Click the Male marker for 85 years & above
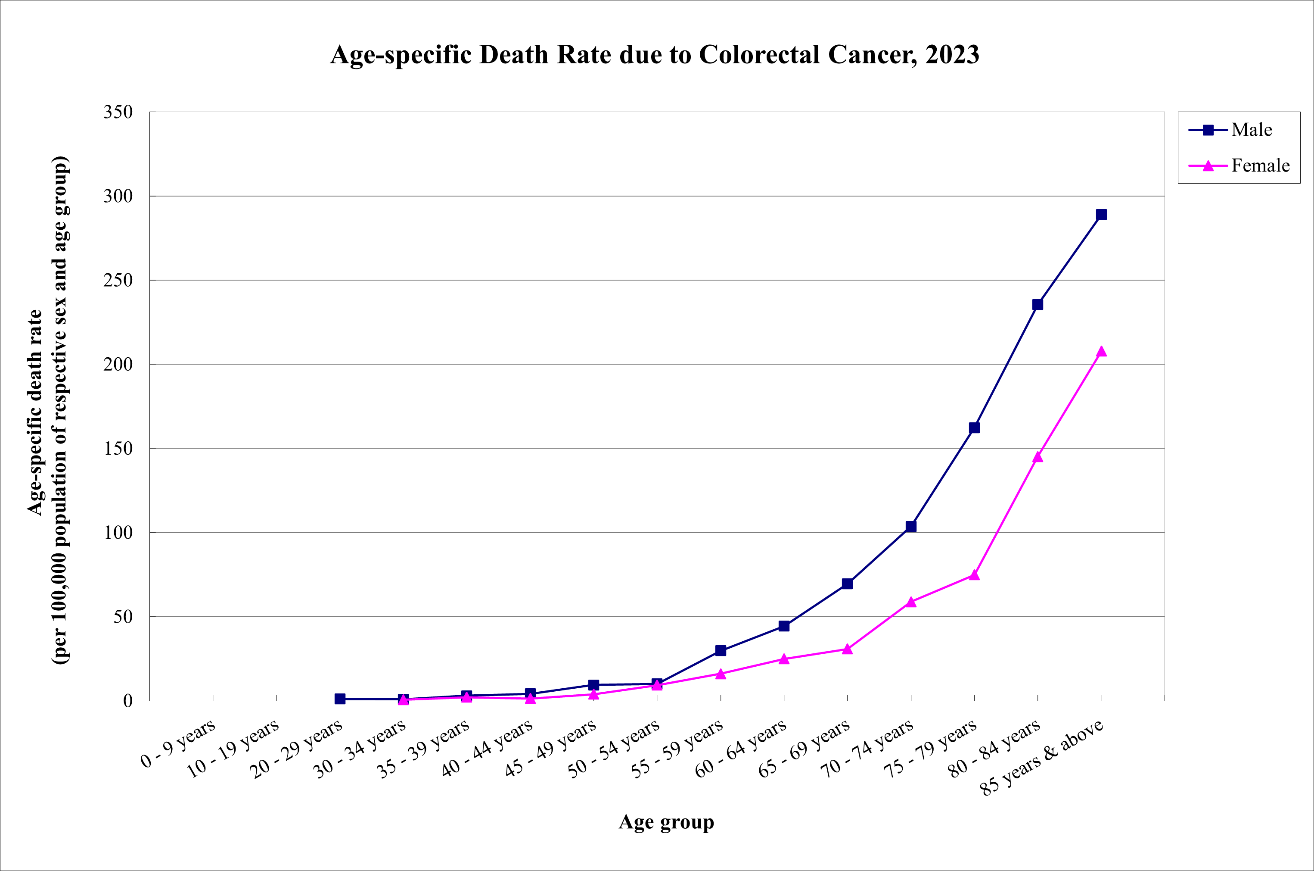1101,215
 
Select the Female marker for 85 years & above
1101,352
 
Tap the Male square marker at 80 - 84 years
1038,304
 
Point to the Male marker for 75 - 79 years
974,428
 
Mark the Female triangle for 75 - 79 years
974,575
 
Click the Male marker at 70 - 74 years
911,526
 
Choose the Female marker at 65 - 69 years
847,649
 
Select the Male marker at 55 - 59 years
721,650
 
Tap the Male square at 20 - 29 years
340,699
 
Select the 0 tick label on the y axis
127,701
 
